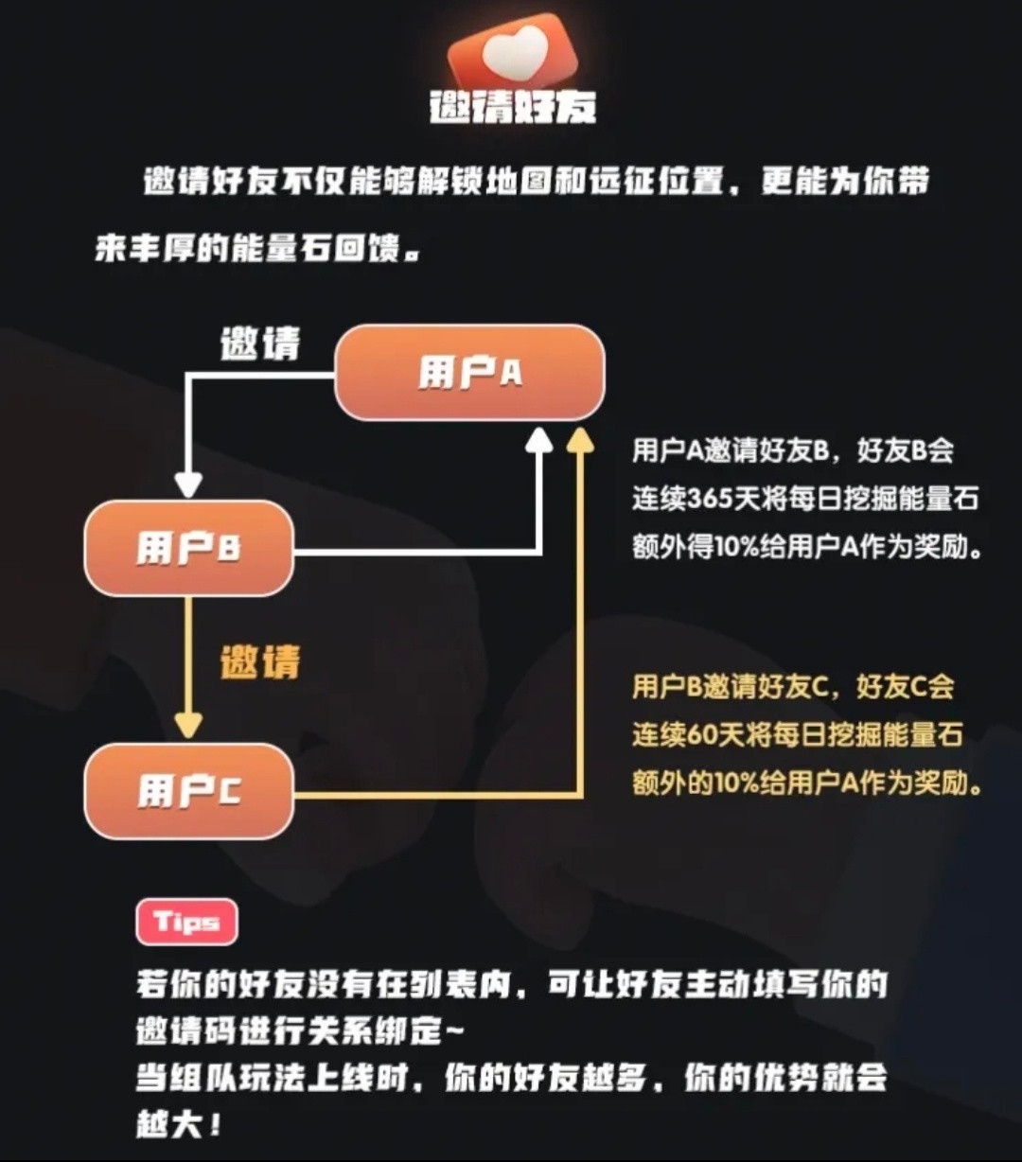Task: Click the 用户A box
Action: click(x=469, y=372)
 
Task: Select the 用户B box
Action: click(x=189, y=548)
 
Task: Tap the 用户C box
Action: click(x=189, y=791)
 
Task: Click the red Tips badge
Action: click(x=187, y=922)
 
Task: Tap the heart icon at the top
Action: click(x=513, y=53)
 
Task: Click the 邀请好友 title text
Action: click(x=513, y=106)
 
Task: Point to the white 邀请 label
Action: click(x=260, y=344)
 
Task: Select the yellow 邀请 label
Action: click(x=260, y=662)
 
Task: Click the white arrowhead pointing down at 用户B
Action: click(x=188, y=484)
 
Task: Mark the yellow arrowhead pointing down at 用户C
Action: click(x=188, y=726)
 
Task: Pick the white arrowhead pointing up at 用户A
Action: click(x=539, y=441)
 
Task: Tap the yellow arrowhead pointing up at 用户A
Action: click(x=580, y=441)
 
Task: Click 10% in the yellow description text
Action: click(x=737, y=783)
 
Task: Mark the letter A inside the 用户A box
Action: click(x=512, y=373)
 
